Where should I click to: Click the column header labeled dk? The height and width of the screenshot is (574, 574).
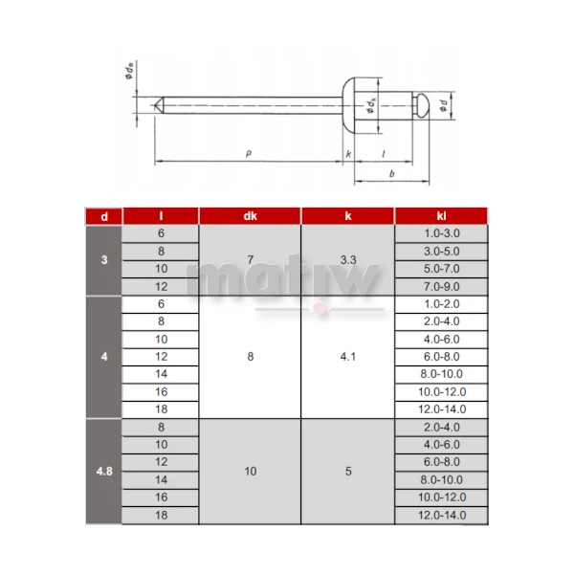coord(250,216)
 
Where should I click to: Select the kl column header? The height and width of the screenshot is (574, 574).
coord(441,216)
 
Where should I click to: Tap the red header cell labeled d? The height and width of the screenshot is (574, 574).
coord(104,216)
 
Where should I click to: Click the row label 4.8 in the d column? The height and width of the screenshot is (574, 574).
coord(104,471)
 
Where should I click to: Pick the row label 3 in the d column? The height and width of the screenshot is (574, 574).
coord(104,260)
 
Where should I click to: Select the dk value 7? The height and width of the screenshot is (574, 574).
coord(250,260)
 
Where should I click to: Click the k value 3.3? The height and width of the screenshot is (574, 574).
coord(347,260)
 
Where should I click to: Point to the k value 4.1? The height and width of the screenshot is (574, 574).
coord(347,356)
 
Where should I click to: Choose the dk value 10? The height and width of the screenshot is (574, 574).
coord(250,471)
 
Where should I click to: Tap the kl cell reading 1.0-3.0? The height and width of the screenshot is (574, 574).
coord(441,233)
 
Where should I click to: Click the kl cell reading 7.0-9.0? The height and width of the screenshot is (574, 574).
coord(441,286)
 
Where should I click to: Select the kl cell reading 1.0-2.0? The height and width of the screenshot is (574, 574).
coord(441,303)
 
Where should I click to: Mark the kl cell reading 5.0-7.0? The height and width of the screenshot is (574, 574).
coord(441,269)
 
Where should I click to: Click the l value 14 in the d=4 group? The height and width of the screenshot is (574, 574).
coord(161,373)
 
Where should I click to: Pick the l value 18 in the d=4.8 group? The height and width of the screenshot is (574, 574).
coord(161,515)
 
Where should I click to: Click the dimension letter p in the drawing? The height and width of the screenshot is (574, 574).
coord(249,153)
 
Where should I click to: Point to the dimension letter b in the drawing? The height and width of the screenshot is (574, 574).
coord(393,172)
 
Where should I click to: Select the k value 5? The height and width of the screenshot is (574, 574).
coord(347,471)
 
